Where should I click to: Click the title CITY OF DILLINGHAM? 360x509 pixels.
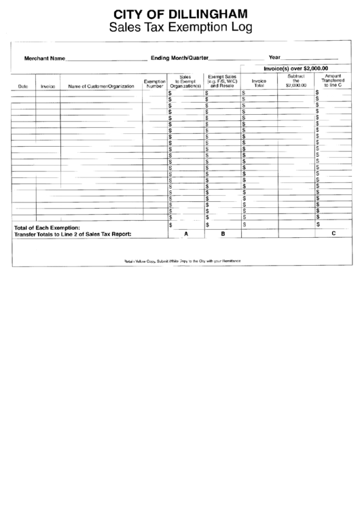coord(179,13)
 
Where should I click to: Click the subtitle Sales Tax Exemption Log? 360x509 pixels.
coord(179,28)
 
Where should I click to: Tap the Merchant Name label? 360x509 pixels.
coord(45,58)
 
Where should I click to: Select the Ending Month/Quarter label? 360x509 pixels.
coord(180,58)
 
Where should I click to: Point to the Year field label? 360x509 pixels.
coord(274,58)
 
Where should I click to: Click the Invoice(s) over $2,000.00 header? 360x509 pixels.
coord(295,69)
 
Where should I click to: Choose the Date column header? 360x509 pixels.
coord(23,86)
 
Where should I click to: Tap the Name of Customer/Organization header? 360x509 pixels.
coord(101,86)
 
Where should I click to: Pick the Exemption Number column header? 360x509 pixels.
coord(154,84)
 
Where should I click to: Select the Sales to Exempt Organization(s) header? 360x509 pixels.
coord(185,82)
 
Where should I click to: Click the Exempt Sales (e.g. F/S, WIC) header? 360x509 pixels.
coord(222,82)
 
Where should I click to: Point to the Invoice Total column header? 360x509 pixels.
coord(259,84)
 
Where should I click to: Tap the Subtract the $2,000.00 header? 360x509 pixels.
coord(296,81)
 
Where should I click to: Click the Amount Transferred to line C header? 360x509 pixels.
coord(333,81)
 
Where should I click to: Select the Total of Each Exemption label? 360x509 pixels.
coord(48,227)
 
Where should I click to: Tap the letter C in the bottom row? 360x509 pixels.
coord(333,233)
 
